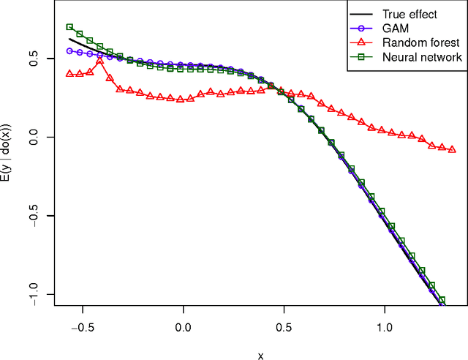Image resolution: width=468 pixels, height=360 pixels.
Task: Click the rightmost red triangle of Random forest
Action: pyautogui.click(x=452, y=149)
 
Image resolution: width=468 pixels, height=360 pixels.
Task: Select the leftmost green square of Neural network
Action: pyautogui.click(x=69, y=27)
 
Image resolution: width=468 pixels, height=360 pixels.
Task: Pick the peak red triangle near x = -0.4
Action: pyautogui.click(x=100, y=61)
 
